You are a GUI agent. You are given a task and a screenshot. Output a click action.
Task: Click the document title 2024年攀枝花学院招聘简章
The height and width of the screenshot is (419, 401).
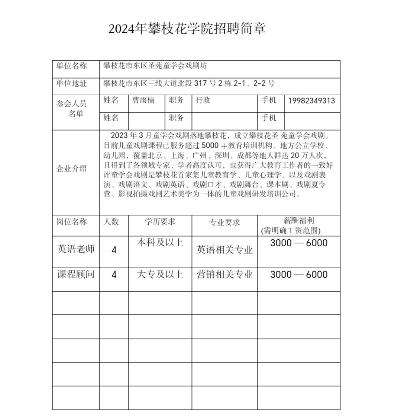187,29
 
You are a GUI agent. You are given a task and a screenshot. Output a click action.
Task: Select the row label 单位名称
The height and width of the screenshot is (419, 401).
71,66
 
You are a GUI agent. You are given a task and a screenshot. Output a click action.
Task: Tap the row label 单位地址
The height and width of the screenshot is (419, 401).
71,83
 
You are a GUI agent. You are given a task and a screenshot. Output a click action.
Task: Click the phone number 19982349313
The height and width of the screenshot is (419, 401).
311,100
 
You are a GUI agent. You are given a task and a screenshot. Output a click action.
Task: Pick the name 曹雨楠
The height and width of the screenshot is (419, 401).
143,100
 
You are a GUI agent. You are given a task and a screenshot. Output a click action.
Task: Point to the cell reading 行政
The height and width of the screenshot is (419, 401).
203,100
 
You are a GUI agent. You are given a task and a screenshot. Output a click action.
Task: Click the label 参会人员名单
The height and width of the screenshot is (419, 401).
71,109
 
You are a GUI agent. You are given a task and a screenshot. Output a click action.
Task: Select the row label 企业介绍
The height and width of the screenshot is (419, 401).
71,169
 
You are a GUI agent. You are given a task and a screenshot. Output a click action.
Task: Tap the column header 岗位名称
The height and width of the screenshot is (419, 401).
71,222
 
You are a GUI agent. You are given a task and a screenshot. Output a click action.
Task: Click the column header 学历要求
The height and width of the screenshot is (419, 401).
160,222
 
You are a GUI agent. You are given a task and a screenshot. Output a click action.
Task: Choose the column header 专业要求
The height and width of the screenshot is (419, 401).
224,223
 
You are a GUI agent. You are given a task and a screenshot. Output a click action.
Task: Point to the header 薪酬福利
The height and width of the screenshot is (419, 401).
298,221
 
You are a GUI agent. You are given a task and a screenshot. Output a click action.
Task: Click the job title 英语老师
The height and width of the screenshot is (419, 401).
76,249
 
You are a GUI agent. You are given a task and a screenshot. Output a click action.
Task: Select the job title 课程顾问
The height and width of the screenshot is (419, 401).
76,275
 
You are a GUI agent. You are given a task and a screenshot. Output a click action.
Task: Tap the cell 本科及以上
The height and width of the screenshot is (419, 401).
160,243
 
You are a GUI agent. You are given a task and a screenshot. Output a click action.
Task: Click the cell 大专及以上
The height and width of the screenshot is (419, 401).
160,275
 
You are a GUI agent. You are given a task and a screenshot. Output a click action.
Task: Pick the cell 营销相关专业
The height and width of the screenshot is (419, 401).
224,275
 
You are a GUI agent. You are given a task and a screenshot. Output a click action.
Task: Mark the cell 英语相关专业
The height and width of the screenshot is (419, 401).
224,250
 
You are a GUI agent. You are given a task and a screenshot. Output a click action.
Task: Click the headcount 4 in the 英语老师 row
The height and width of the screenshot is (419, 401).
114,250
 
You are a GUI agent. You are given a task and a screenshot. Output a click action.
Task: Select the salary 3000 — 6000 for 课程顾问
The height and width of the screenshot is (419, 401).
298,275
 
